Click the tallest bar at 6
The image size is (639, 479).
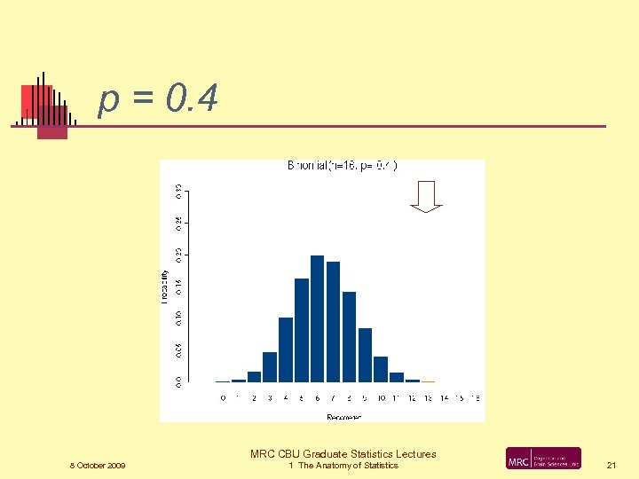(318, 318)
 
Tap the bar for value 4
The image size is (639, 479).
(286, 349)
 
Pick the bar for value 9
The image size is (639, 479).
(365, 355)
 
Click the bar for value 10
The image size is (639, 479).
(381, 369)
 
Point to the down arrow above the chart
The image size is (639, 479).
(427, 196)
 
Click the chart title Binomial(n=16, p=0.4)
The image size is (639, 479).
(342, 165)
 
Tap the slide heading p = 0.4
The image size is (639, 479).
(158, 101)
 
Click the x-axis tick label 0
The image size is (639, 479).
(223, 398)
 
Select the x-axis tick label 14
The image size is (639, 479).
(444, 398)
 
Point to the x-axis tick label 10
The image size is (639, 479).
(381, 398)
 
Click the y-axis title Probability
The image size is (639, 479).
(164, 287)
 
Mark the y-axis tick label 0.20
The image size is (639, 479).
(177, 255)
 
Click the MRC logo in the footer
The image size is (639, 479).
(543, 459)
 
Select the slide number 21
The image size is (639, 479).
(611, 465)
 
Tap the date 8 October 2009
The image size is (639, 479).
(98, 466)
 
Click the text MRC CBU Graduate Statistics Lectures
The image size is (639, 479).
(343, 454)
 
